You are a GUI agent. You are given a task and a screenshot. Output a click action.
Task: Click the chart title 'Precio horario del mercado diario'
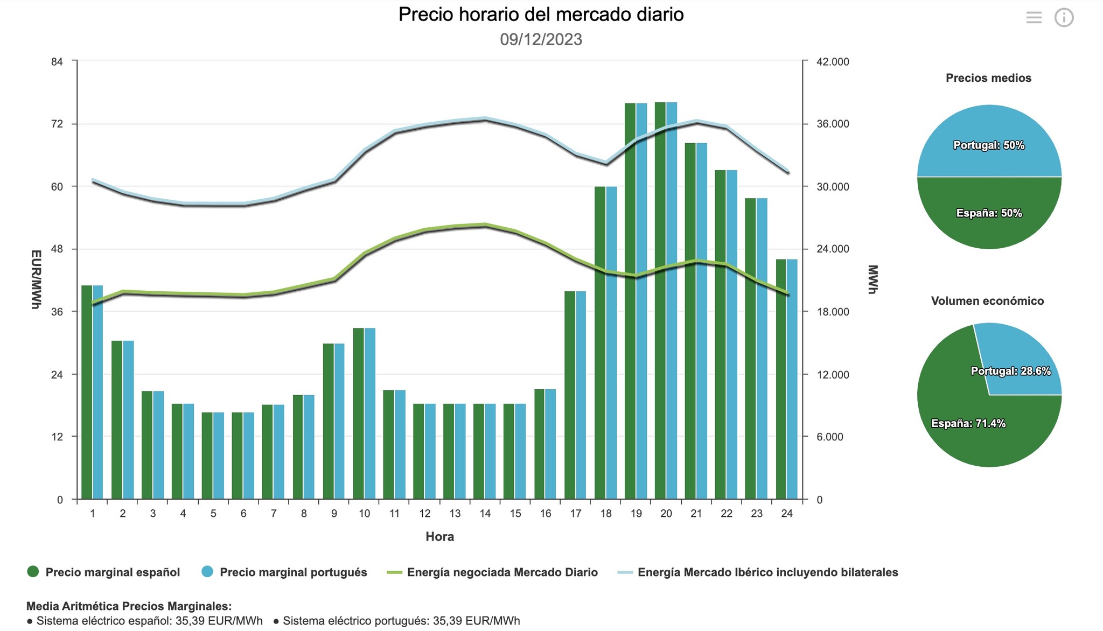541,15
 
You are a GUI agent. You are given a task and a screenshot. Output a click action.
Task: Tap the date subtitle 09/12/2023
541,39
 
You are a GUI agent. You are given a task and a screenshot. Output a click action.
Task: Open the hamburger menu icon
1034,18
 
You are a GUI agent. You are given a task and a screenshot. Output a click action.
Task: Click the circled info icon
1064,18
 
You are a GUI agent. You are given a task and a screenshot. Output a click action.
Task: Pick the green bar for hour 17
570,395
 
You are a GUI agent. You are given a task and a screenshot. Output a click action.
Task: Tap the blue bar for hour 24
792,379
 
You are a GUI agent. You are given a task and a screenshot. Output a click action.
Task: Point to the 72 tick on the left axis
57,124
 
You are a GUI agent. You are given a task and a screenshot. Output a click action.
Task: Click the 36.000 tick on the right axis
833,124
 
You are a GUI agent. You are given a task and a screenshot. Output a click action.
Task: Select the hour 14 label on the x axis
485,514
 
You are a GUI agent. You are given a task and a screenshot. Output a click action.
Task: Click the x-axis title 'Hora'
439,537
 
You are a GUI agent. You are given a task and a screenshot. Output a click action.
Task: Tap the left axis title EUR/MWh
36,279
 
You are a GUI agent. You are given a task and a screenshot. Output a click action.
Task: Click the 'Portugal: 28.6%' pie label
1011,371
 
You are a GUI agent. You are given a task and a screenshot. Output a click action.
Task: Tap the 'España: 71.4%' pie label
968,424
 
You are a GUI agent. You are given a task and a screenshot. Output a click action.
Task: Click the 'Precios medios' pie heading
988,78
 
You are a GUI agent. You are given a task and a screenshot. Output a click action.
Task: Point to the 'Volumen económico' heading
987,301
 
